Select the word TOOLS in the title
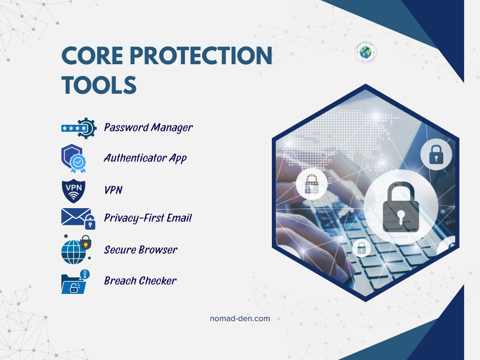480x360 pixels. point(99,85)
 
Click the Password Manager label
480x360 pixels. point(148,127)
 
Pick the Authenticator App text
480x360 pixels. point(145,158)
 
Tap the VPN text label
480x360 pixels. point(113,190)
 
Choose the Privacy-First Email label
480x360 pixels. point(148,218)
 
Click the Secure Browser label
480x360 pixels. point(141,250)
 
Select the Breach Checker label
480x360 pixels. point(140,281)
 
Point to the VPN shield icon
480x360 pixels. point(74,189)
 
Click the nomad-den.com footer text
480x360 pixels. point(240,318)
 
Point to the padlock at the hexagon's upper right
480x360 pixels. point(436,154)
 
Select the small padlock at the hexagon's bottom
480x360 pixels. point(361,248)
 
